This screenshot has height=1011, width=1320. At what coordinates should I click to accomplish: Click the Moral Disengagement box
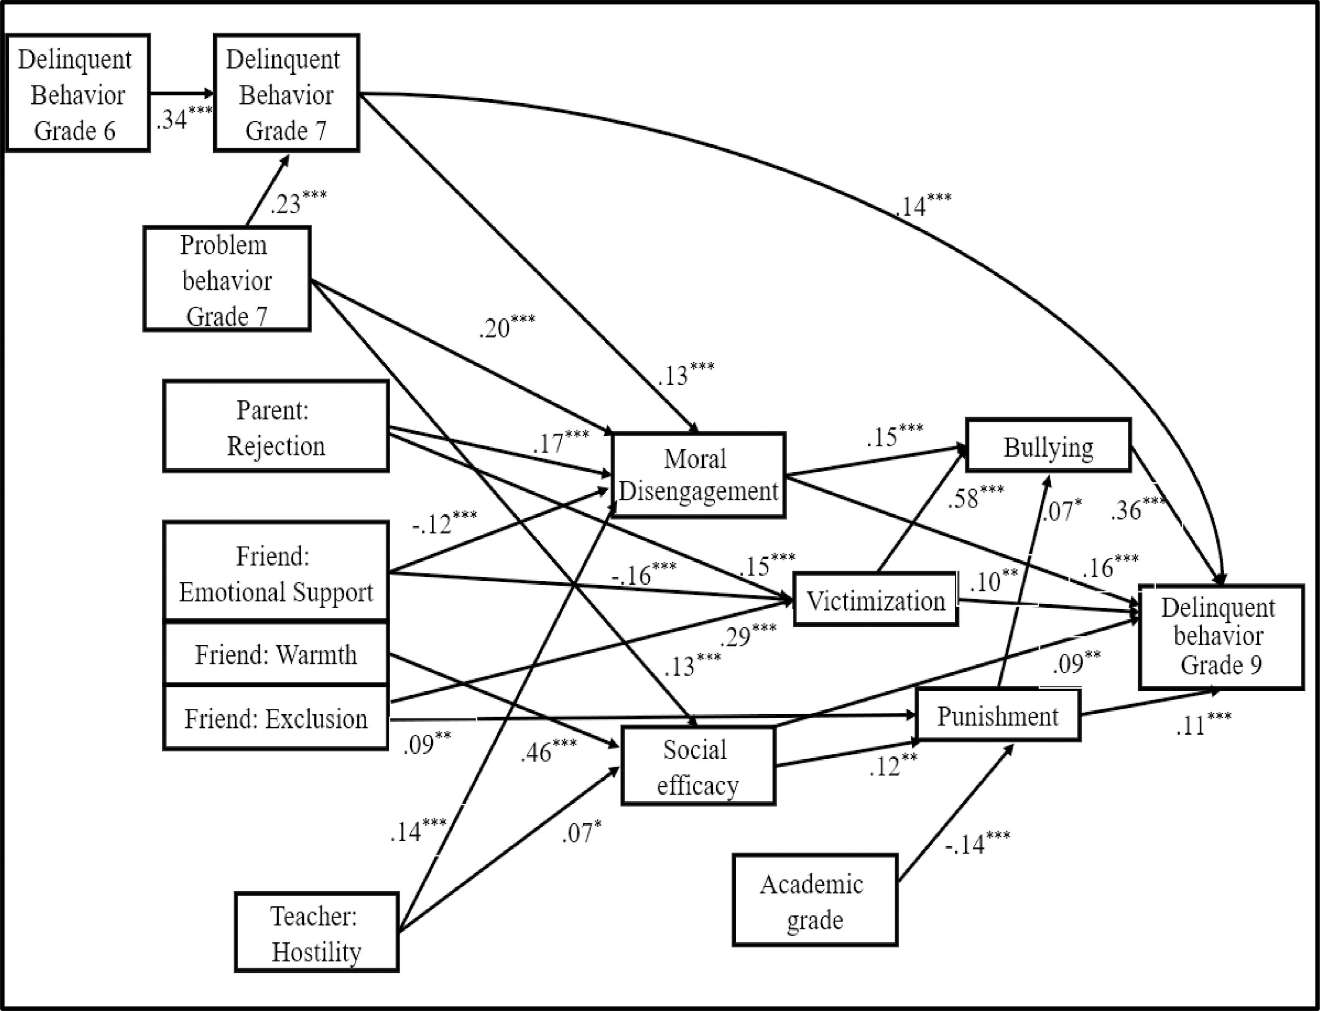coord(699,475)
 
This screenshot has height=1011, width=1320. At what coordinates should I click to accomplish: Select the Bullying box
coord(1048,446)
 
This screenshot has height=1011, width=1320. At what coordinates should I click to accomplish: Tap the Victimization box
coord(876,600)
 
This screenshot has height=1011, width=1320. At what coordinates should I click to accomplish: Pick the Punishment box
coord(997,716)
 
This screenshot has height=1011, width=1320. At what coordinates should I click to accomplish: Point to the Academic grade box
coord(814,901)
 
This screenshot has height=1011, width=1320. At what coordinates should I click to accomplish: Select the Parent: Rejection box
coord(276,427)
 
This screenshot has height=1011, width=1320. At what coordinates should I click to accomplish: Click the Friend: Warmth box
coord(276,654)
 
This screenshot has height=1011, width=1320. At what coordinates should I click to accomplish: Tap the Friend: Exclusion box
coord(276,718)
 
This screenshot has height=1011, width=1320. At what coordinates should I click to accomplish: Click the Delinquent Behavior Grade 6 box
coord(77,93)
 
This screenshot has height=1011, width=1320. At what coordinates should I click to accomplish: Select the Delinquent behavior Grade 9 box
coord(1221,637)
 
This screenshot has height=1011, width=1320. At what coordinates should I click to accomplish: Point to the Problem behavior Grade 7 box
coord(227,279)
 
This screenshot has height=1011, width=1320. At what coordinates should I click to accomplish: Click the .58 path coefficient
coord(975,497)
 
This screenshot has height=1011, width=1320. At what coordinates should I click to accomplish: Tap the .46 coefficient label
coord(548,751)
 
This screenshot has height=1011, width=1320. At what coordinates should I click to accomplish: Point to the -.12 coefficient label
coord(444,524)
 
